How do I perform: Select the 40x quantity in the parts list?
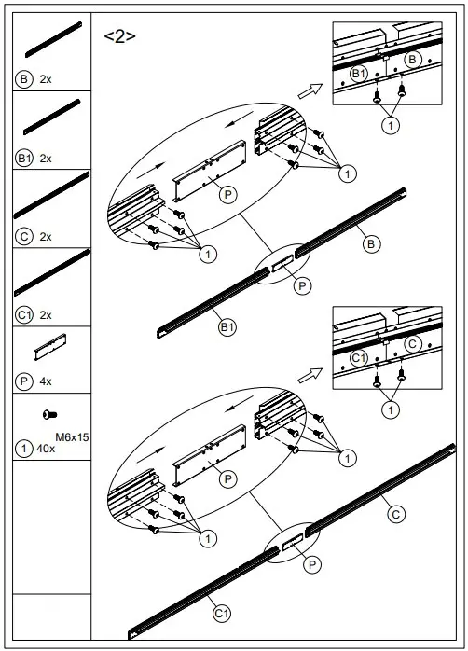46,449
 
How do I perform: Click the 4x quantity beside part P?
46,381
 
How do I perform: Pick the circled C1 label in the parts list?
25,314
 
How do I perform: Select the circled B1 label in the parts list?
25,159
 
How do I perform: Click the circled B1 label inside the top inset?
358,73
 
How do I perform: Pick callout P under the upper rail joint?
302,285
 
